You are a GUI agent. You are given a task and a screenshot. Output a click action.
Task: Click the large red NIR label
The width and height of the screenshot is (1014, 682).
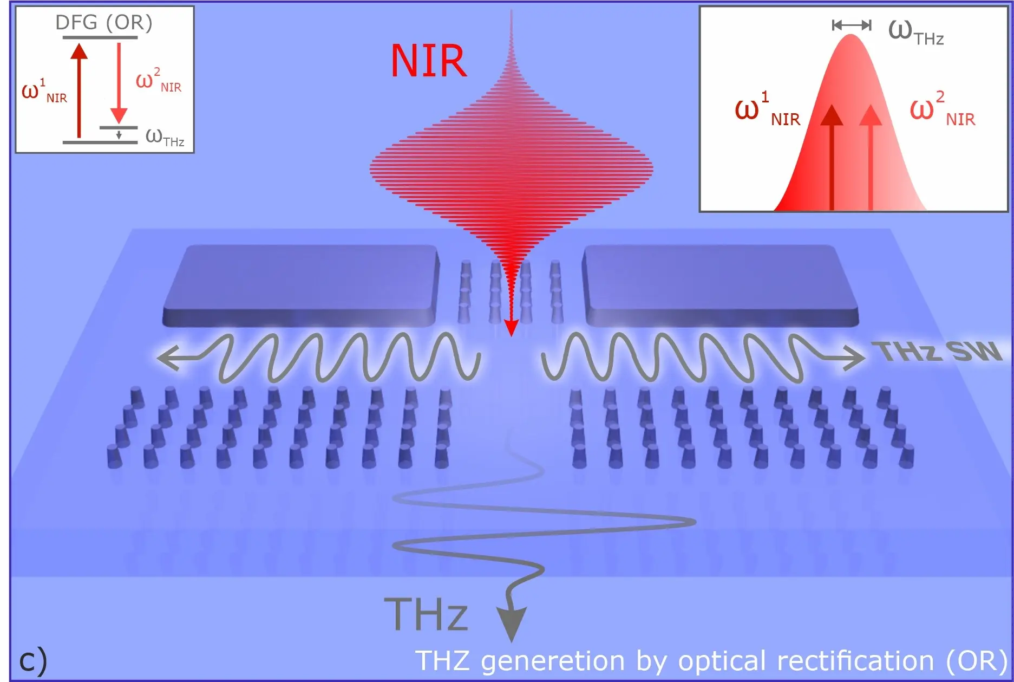pyautogui.click(x=428, y=61)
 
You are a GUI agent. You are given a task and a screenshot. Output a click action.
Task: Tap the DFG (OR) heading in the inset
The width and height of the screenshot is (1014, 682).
pyautogui.click(x=104, y=23)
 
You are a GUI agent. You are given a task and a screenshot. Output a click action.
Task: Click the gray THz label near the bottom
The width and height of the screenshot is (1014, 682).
pyautogui.click(x=426, y=615)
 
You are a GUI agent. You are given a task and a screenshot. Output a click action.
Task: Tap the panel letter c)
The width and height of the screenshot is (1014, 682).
pyautogui.click(x=33, y=660)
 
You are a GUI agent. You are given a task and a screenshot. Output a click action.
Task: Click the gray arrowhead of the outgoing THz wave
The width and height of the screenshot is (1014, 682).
pyautogui.click(x=511, y=623)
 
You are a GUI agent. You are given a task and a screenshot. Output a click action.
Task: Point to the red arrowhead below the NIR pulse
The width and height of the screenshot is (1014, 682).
pyautogui.click(x=511, y=327)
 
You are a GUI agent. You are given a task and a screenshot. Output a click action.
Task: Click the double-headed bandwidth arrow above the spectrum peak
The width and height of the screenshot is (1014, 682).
pyautogui.click(x=852, y=25)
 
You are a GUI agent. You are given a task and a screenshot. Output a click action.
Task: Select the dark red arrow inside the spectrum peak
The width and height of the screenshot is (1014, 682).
pyautogui.click(x=832, y=157)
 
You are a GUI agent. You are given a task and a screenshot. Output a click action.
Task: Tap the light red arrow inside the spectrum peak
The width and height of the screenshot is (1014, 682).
pyautogui.click(x=871, y=157)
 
